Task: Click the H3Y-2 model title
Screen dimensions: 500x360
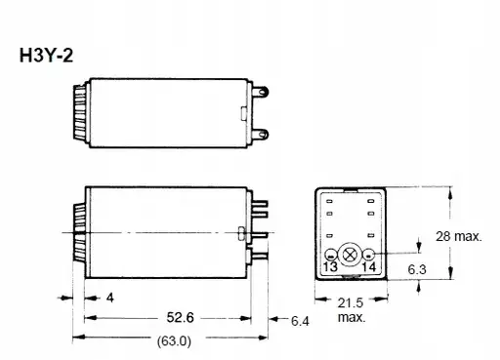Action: (x=46, y=56)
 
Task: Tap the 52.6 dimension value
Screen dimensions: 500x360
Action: (x=180, y=317)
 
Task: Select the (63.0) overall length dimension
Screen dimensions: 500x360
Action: (x=174, y=341)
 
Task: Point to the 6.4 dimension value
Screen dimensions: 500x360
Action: (x=300, y=321)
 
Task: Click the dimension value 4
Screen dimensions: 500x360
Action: (x=110, y=298)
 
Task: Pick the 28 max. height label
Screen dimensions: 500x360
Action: (x=458, y=236)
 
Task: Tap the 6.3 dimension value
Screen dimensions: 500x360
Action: (x=417, y=269)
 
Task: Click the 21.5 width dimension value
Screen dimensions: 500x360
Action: (x=351, y=303)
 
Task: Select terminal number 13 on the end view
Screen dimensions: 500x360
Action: (x=330, y=266)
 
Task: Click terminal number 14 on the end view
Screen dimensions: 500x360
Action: (x=369, y=266)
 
